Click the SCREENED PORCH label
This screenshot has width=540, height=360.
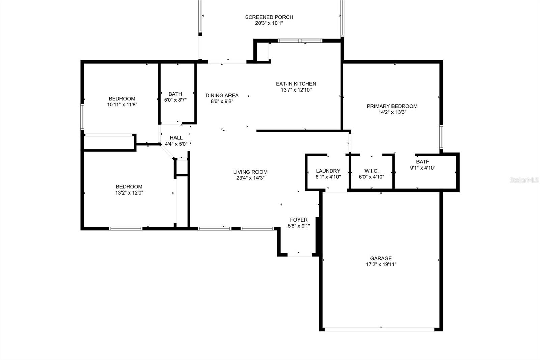(x=269, y=17)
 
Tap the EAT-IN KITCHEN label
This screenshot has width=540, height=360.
(x=296, y=84)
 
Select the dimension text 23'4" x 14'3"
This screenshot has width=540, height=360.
(x=250, y=178)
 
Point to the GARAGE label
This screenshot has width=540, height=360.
(x=381, y=258)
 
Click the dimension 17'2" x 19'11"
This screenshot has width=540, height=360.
(x=381, y=264)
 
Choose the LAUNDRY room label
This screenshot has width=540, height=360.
(x=328, y=171)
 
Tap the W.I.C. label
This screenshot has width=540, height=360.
(x=371, y=171)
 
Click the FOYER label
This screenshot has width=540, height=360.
(x=299, y=220)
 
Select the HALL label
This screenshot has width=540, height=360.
(x=176, y=138)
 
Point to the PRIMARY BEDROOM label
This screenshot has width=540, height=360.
(x=392, y=106)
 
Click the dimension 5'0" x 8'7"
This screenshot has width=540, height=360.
(x=175, y=100)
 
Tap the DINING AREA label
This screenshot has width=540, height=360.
(x=222, y=95)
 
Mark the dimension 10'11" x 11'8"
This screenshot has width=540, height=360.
(x=122, y=105)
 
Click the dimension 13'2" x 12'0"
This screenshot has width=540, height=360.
(x=129, y=193)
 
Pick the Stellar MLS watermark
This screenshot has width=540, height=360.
(x=524, y=180)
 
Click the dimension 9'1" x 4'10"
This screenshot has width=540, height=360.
(x=423, y=168)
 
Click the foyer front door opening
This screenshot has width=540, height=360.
(x=299, y=255)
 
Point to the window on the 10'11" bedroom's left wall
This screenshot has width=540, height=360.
(x=82, y=117)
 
